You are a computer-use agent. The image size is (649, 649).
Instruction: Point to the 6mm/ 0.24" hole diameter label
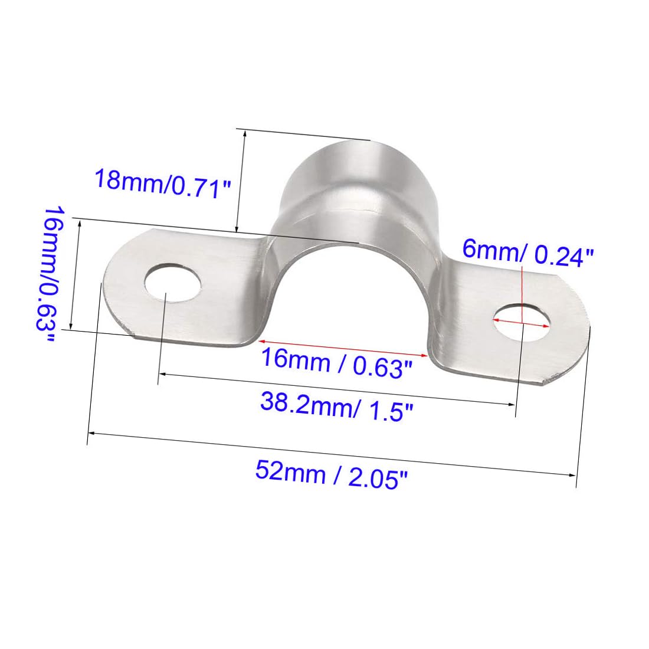click(x=527, y=252)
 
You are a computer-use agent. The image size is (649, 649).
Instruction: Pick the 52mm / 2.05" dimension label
click(x=332, y=475)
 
